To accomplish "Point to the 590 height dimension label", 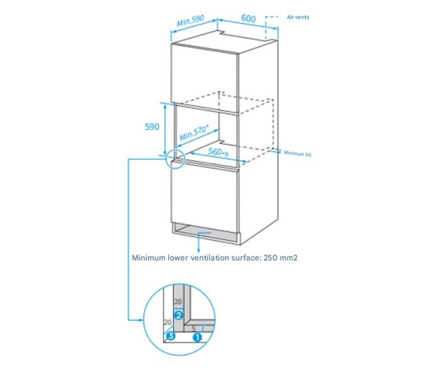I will (152, 127).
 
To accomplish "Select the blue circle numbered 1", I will (197, 337).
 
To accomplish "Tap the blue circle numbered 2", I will (178, 316).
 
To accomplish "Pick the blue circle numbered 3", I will (170, 337).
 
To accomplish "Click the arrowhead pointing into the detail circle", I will (142, 320).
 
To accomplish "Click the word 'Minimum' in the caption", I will (149, 259).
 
